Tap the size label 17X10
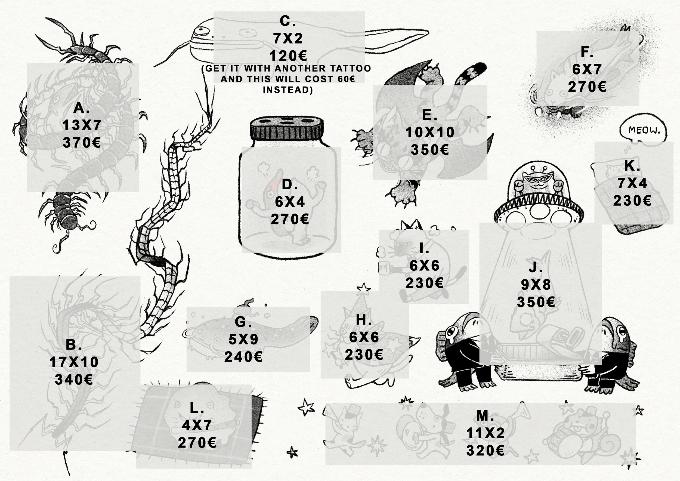(74, 362)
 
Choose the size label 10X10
(430, 132)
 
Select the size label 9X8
(536, 285)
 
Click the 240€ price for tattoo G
(243, 357)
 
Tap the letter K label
(632, 166)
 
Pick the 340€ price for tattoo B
(74, 380)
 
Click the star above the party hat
(364, 287)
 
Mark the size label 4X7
(197, 425)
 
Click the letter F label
(587, 52)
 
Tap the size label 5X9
(243, 340)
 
